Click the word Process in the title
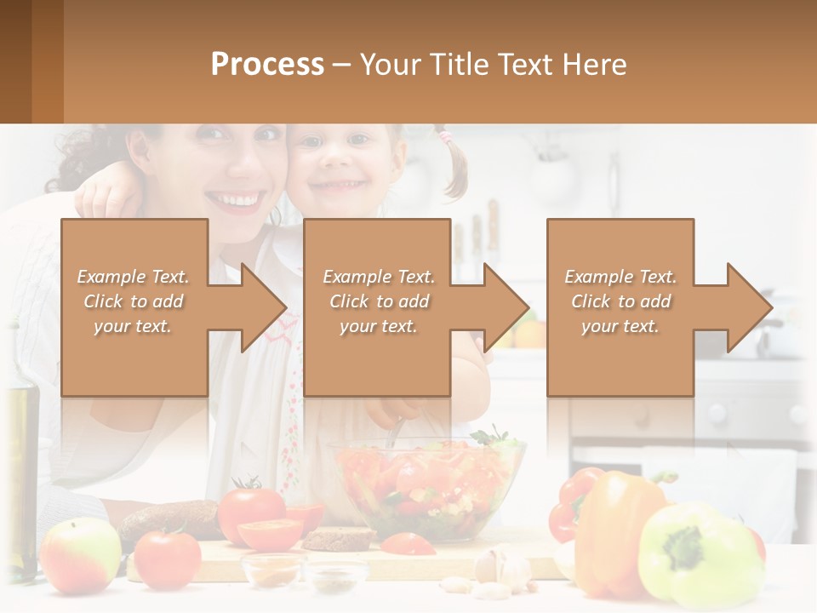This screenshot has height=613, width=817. [x=267, y=64]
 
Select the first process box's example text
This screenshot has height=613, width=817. [x=133, y=301]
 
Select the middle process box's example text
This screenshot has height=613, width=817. [x=379, y=301]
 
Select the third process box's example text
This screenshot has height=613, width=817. [x=620, y=301]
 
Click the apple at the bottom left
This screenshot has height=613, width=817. [x=80, y=555]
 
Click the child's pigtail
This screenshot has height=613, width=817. [x=456, y=166]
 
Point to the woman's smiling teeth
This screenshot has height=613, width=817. [x=233, y=201]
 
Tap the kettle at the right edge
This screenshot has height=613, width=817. [x=788, y=328]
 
